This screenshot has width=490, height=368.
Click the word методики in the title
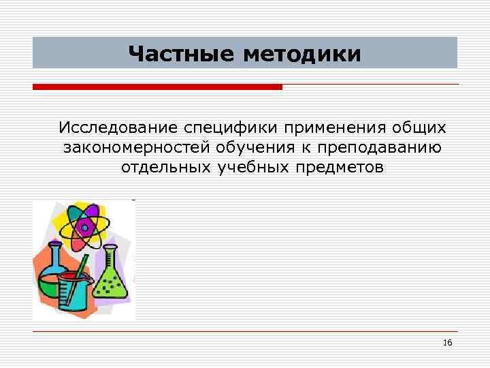pos(302,53)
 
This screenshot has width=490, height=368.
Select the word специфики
pos(221,128)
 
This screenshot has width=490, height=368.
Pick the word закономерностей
pos(136,148)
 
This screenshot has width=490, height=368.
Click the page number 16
pos(447,342)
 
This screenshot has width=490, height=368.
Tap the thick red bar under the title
pos(157,87)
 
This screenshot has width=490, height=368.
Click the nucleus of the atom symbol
pos(83,224)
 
